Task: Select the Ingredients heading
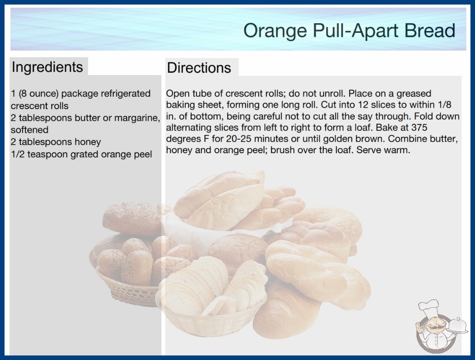(47, 67)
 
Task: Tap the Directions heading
(199, 68)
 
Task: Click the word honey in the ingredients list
(88, 142)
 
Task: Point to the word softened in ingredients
(30, 130)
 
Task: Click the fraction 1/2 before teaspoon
(18, 155)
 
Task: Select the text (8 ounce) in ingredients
(39, 94)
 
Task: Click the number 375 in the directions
(419, 127)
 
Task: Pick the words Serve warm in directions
(383, 150)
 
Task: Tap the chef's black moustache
(433, 327)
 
